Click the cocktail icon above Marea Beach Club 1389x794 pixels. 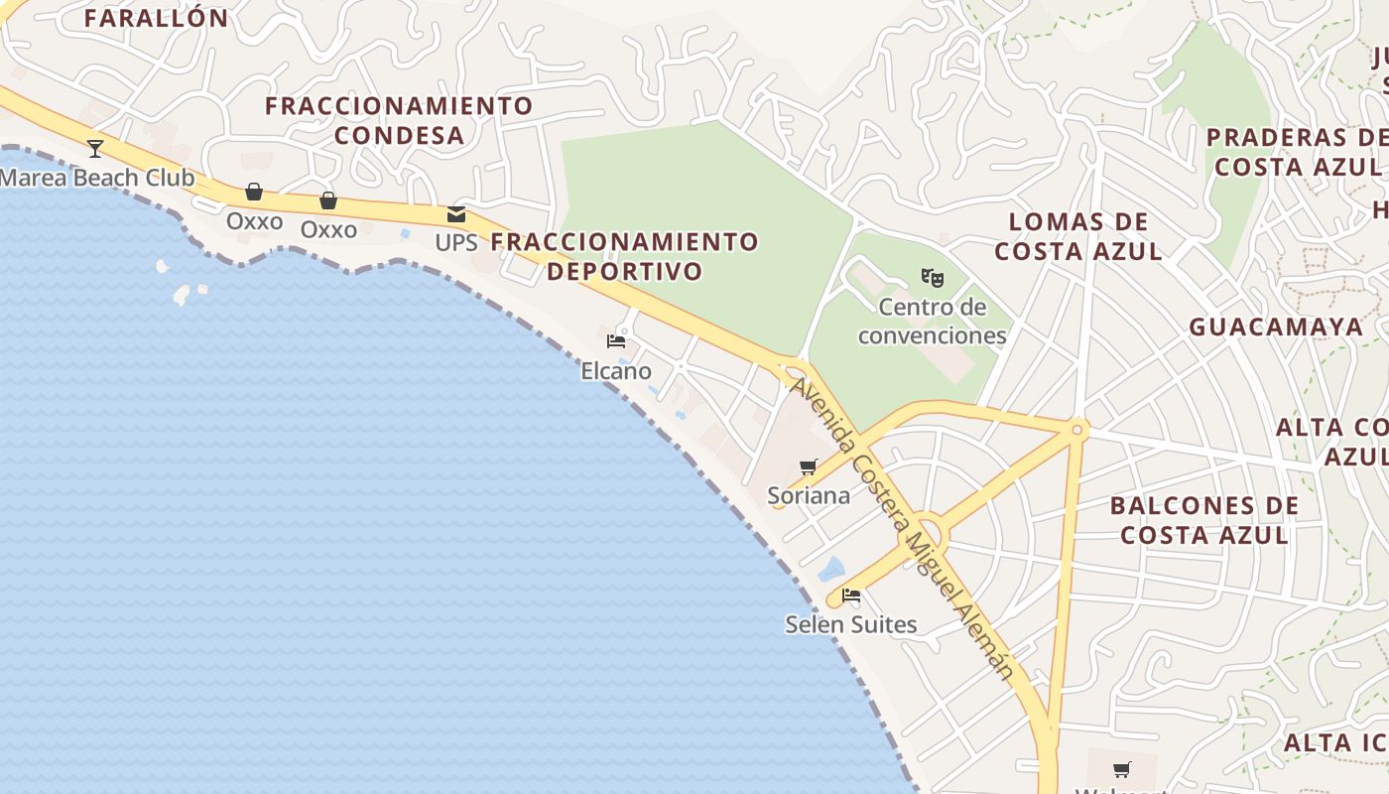click(95, 149)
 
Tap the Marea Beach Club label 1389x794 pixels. click(97, 179)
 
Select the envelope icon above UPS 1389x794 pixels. click(456, 213)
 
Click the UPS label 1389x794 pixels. click(456, 242)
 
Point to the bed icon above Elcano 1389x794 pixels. click(616, 341)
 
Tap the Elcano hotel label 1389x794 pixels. click(616, 371)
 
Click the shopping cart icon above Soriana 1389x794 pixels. click(809, 466)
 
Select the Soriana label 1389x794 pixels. click(809, 495)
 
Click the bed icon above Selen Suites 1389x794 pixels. click(851, 595)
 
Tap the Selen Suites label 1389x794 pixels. click(851, 624)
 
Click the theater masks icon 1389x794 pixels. click(931, 277)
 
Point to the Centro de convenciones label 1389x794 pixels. click(933, 321)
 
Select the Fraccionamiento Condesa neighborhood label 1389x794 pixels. click(399, 120)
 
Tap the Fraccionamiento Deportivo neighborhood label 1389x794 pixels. click(624, 256)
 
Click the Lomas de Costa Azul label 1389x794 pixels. click(1078, 236)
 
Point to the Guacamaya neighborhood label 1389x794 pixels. click(1276, 327)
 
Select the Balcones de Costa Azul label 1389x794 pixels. click(1203, 520)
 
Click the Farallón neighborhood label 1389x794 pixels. click(156, 18)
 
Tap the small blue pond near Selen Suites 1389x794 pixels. click(831, 569)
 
